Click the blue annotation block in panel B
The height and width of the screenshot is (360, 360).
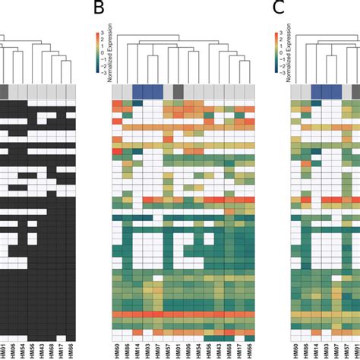pos(147,91)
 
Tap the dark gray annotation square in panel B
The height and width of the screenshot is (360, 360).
pos(178,91)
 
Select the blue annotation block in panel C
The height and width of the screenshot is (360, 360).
pos(327,91)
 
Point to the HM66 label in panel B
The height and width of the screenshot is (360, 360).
pos(249,349)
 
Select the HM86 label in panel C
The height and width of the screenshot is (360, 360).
pos(306,349)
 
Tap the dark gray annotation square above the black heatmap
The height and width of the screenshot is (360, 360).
pos(5,91)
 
